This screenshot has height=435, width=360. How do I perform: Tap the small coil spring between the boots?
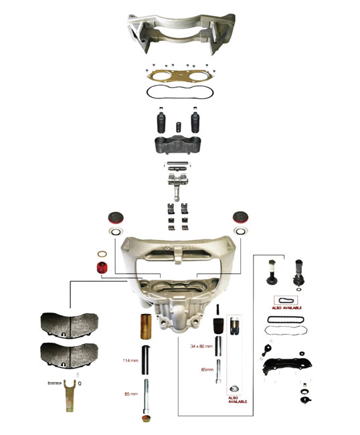pyautogui.click(x=178, y=127)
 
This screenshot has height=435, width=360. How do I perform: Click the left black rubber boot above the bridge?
pyautogui.click(x=161, y=122)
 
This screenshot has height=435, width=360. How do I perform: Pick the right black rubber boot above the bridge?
pyautogui.click(x=195, y=122)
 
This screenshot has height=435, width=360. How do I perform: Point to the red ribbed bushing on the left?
pyautogui.click(x=102, y=268)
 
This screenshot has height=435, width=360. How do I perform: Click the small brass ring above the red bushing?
pyautogui.click(x=102, y=254)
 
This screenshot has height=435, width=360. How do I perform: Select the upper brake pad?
pyautogui.click(x=70, y=325)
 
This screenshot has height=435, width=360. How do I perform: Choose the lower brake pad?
pyautogui.click(x=70, y=356)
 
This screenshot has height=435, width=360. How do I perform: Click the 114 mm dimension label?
pyautogui.click(x=130, y=360)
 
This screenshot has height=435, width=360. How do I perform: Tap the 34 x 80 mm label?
pyautogui.click(x=201, y=346)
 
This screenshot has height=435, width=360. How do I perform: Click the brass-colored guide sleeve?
pyautogui.click(x=146, y=327)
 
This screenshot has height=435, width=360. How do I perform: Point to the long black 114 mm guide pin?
pyautogui.click(x=146, y=360)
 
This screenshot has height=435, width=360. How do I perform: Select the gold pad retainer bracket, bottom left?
pyautogui.click(x=70, y=396)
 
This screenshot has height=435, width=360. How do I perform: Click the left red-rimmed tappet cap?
pyautogui.click(x=116, y=217)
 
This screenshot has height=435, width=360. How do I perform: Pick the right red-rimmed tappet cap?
pyautogui.click(x=240, y=217)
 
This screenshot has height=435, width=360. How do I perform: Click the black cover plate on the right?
pyautogui.click(x=287, y=365)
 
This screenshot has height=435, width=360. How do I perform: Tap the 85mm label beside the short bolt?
pyautogui.click(x=207, y=369)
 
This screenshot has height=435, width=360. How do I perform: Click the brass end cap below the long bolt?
pyautogui.click(x=146, y=418)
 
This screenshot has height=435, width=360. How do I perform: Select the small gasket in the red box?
pyautogui.click(x=286, y=300)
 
